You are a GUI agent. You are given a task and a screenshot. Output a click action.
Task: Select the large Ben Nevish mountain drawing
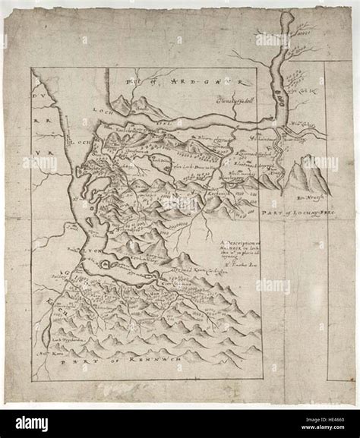click(312, 174)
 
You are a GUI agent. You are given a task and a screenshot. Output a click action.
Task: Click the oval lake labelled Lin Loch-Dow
click(162, 163)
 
